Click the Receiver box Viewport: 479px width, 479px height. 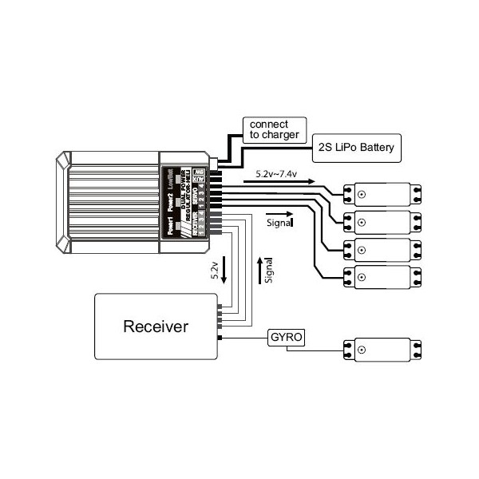[156, 326]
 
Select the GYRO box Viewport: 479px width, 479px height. [286, 337]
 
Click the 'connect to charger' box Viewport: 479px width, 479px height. [274, 129]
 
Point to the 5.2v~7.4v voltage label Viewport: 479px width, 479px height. [282, 172]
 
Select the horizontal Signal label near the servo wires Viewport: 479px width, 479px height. [279, 224]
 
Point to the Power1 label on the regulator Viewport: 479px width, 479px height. [169, 226]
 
